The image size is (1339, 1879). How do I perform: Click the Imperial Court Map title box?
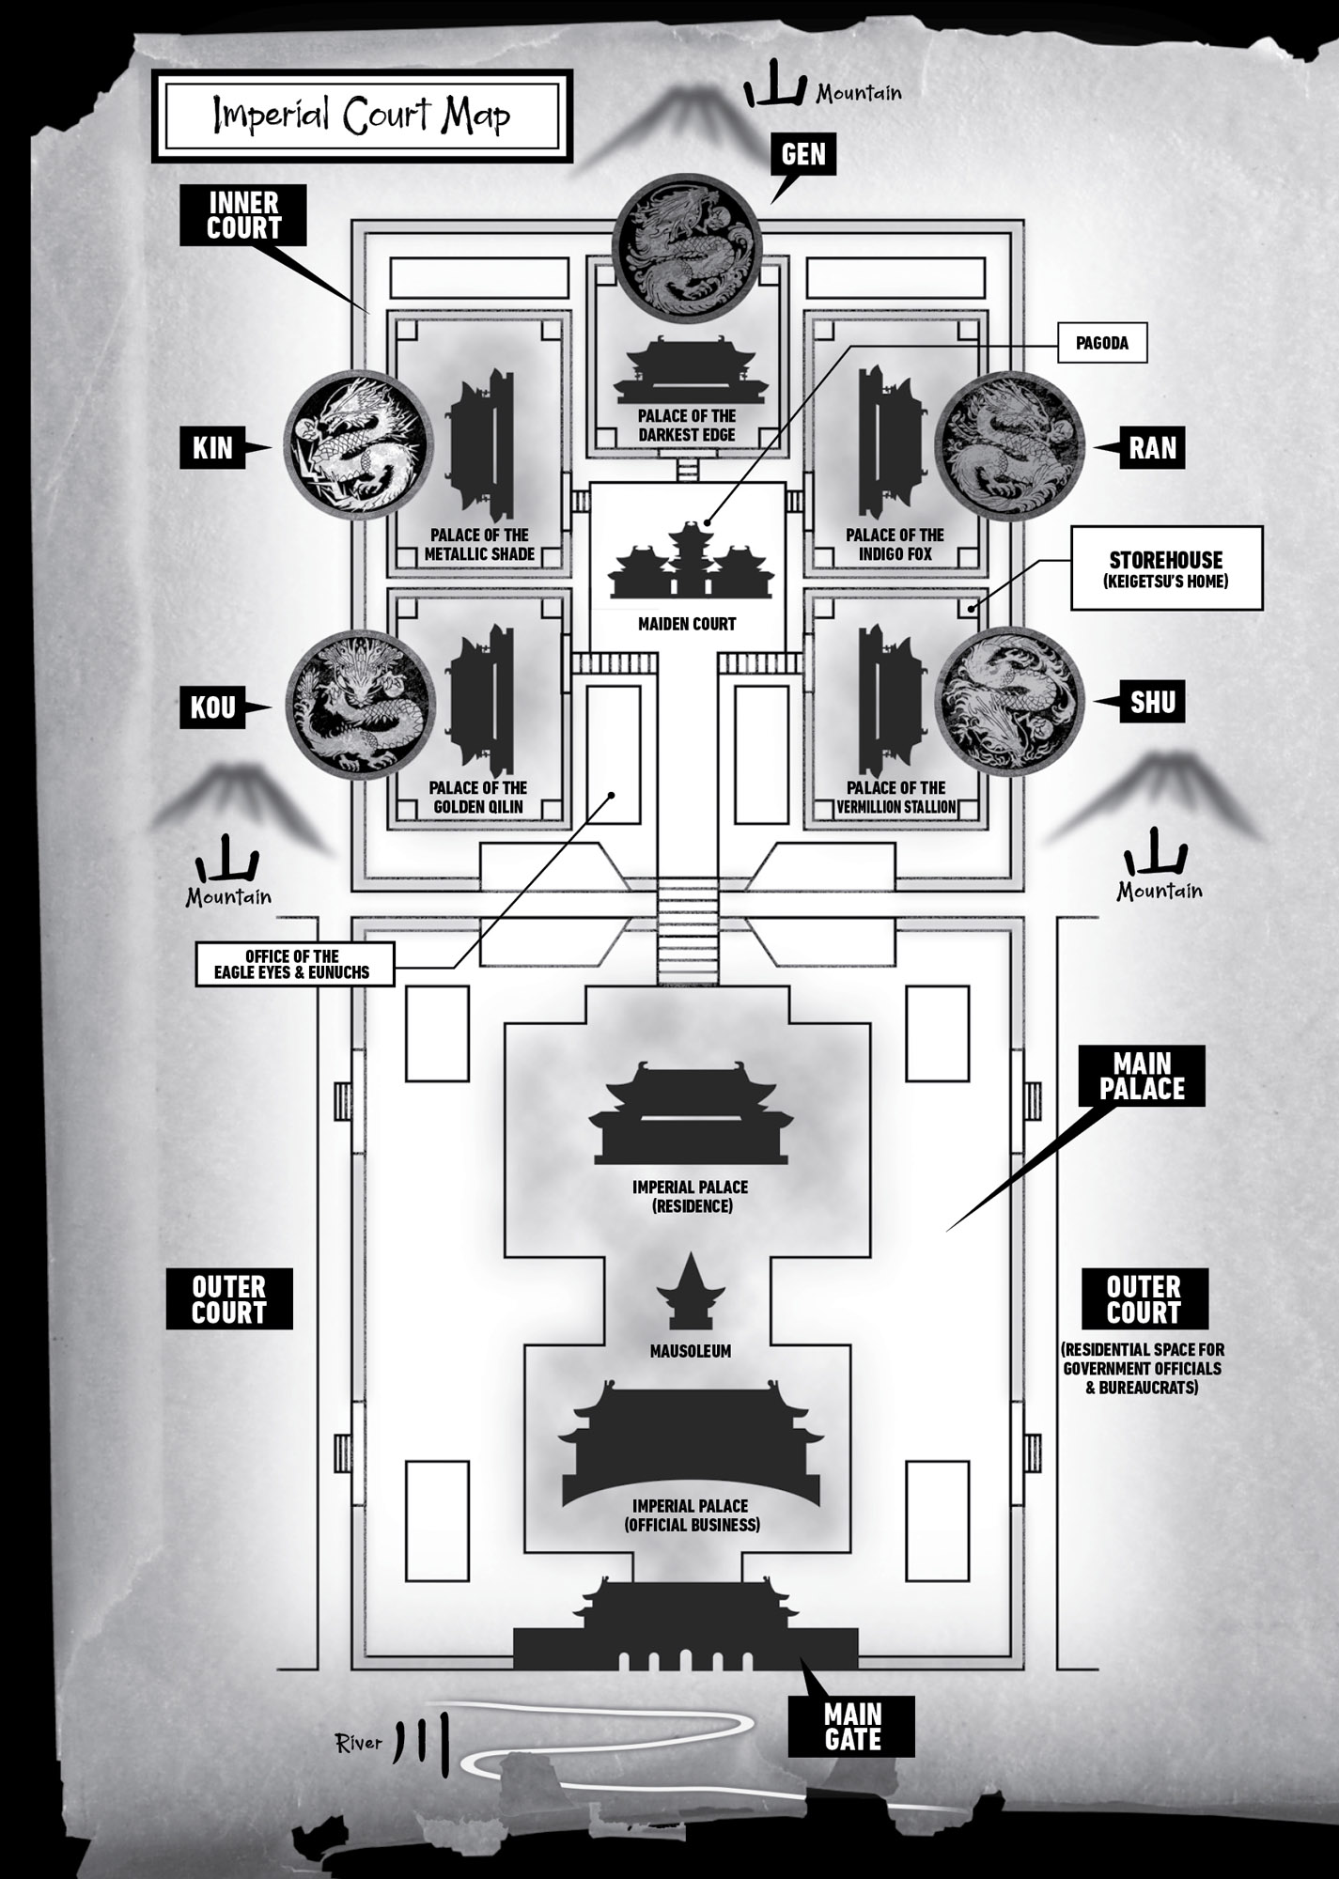click(x=362, y=115)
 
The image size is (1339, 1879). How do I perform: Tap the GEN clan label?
click(x=803, y=154)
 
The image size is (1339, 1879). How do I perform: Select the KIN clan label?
click(x=212, y=448)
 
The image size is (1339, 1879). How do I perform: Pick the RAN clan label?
click(x=1152, y=448)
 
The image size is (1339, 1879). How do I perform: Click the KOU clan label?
click(x=212, y=707)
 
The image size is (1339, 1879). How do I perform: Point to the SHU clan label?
click(x=1152, y=702)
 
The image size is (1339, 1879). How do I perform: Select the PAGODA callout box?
click(x=1101, y=344)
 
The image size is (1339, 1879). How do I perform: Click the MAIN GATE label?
click(x=852, y=1727)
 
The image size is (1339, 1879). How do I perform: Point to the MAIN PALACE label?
click(x=1142, y=1076)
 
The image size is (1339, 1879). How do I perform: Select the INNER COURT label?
click(x=244, y=215)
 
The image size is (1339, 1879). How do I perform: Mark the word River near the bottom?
click(x=359, y=1744)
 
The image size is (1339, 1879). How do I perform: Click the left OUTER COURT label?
click(x=229, y=1299)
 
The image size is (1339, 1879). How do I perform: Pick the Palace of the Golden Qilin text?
click(x=477, y=797)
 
